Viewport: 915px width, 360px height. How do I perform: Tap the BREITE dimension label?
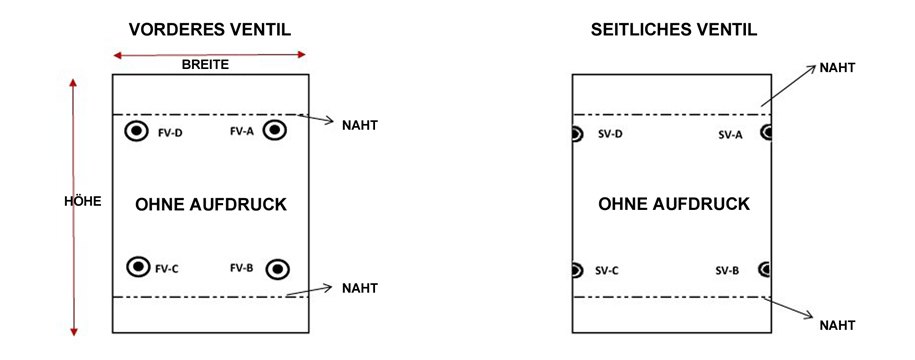point(205,64)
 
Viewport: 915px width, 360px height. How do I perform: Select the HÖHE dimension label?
point(83,201)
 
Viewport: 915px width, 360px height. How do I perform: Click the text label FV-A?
point(242,131)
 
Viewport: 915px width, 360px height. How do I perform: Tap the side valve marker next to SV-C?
point(577,269)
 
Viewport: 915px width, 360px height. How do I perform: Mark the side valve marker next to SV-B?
point(765,269)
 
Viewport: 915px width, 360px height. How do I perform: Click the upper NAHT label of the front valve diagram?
point(359,126)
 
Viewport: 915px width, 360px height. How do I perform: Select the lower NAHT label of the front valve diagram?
point(359,288)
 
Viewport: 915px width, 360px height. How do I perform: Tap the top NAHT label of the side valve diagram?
point(837,67)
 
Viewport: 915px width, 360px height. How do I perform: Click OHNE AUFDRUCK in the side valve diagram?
point(674,204)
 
